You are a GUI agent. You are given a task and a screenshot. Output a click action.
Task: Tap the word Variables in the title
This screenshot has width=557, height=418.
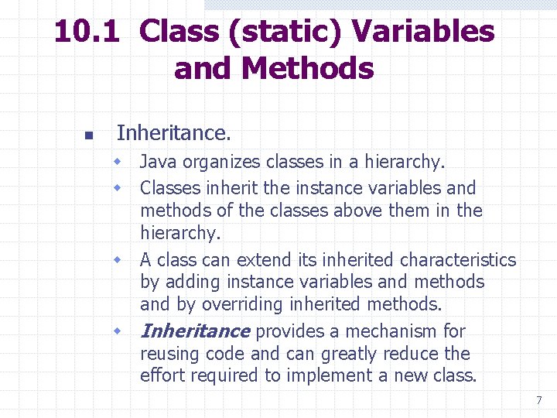coord(422,33)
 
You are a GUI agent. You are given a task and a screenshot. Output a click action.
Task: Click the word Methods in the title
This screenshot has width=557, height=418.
coord(307,69)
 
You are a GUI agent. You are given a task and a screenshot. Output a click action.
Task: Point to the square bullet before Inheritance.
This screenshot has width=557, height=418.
coord(88,135)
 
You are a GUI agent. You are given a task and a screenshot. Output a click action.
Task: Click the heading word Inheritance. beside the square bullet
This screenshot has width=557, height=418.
coord(173,133)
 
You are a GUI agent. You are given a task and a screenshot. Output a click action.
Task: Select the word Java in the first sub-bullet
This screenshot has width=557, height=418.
coord(158,163)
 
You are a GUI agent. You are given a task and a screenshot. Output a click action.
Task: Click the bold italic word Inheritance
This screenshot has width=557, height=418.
coord(195,331)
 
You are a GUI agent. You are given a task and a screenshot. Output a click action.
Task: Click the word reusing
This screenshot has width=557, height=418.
coord(167,355)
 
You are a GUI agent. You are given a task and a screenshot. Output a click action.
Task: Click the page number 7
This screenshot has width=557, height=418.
coord(538,401)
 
